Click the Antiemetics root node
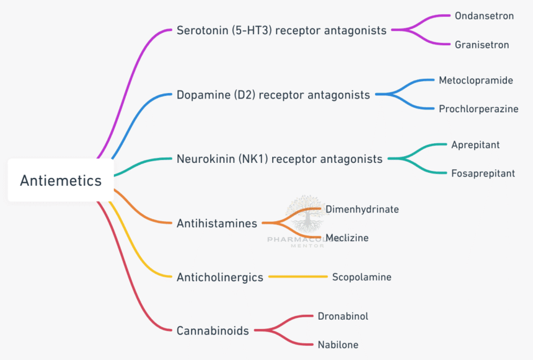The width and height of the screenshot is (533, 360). tap(61, 180)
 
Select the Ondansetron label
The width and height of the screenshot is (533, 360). tap(484, 15)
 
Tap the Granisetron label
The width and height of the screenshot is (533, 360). tap(482, 45)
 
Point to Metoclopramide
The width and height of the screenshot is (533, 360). tap(476, 81)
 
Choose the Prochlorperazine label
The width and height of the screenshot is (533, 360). tap(478, 109)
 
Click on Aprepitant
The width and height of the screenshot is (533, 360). tap(476, 145)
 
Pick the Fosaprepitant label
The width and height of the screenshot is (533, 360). tap(483, 173)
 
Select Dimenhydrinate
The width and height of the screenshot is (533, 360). tap(363, 209)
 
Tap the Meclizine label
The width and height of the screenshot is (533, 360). tap(347, 238)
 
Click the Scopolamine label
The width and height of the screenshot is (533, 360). tap(362, 277)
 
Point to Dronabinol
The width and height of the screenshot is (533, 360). tap(343, 316)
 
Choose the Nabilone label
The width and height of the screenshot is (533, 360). tap(338, 345)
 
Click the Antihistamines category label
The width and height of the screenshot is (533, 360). tap(216, 223)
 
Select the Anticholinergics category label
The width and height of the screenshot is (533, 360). tap(220, 278)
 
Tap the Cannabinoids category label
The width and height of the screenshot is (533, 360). tap(213, 331)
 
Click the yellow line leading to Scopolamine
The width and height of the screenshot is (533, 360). tap(297, 277)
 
